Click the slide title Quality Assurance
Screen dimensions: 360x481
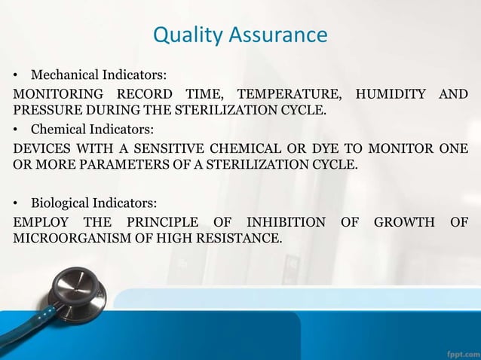coord(240,35)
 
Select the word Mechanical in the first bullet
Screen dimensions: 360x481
coord(60,75)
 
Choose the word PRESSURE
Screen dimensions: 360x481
coord(42,110)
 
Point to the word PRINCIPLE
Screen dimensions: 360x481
coord(165,221)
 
